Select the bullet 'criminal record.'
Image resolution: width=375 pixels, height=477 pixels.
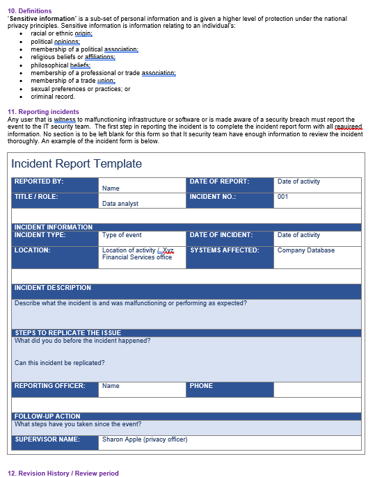(52, 97)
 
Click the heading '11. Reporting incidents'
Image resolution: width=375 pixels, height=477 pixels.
(43, 112)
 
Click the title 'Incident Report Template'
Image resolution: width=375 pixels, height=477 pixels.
(77, 164)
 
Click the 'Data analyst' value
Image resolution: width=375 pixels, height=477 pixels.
(120, 204)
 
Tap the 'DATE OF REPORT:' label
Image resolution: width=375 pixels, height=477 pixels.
(219, 181)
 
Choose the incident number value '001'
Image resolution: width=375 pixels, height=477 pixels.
(282, 197)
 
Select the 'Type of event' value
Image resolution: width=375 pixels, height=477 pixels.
(122, 235)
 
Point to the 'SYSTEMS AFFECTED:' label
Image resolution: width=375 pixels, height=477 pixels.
(224, 250)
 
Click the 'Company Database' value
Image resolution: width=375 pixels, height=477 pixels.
(305, 250)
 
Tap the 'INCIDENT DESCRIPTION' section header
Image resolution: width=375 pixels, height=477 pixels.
(53, 288)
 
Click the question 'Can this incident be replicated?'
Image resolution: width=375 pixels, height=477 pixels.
(60, 362)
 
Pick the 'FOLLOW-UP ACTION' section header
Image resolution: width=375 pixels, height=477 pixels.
(47, 417)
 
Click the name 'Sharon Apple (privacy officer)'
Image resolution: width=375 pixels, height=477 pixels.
(145, 439)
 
